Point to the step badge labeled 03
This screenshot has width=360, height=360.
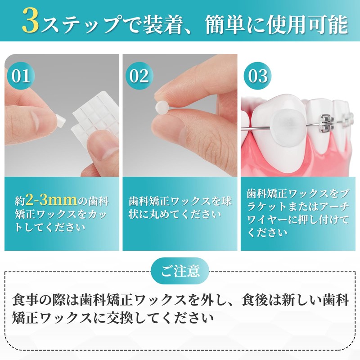pos(258,75)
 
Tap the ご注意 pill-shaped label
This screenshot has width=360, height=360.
pos(180,271)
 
